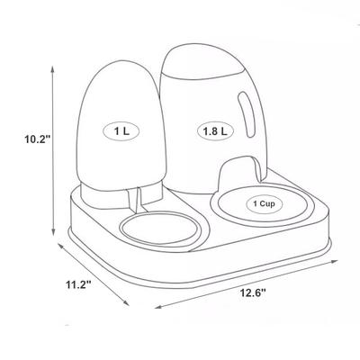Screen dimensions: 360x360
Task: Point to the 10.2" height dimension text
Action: (29, 139)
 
